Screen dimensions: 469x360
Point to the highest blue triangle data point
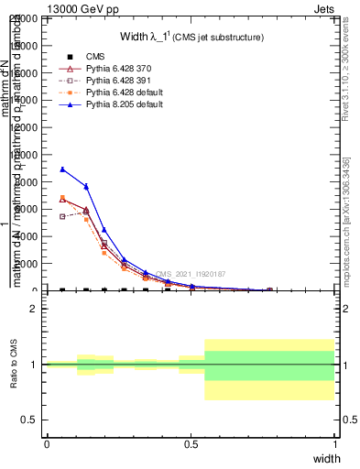coord(62,169)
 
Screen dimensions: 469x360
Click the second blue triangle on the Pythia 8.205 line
coord(86,186)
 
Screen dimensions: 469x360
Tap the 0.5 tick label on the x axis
coord(191,443)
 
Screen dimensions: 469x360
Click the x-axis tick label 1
coord(334,443)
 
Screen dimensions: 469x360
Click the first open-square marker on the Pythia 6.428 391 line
coord(62,216)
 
